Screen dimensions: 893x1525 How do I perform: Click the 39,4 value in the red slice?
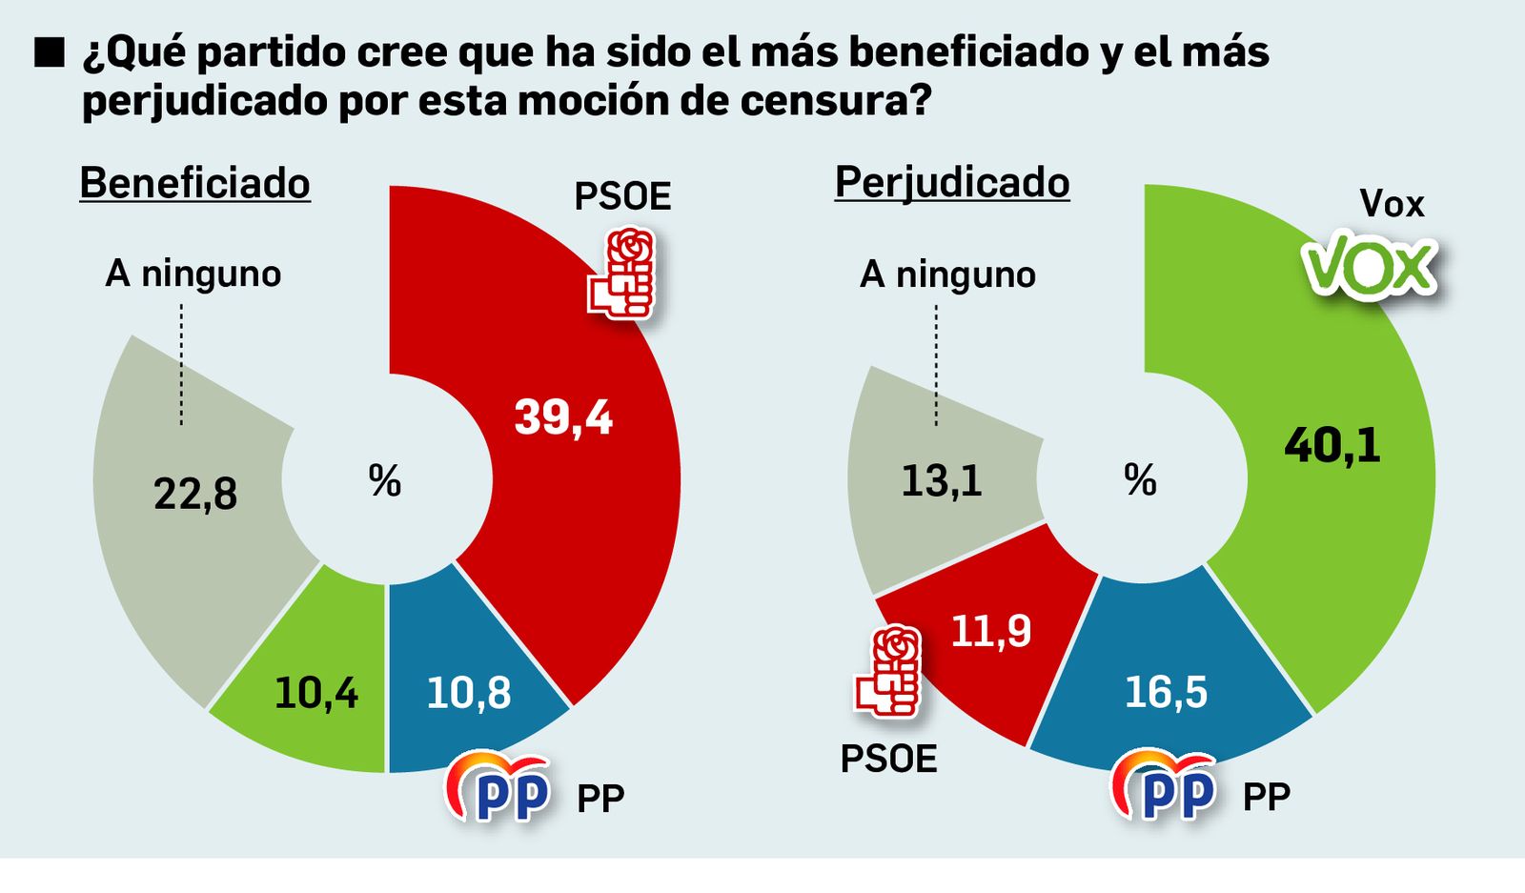(x=563, y=417)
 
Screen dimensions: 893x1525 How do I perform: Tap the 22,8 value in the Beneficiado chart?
(x=195, y=494)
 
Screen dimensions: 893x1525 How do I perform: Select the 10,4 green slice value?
(x=315, y=693)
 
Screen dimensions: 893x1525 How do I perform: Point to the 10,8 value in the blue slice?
(x=468, y=693)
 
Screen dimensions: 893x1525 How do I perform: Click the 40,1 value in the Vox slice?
(x=1332, y=445)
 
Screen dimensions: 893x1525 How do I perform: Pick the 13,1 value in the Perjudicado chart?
(x=941, y=480)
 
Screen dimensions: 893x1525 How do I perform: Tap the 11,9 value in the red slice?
(x=991, y=631)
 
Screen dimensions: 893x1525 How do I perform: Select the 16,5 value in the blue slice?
(x=1166, y=692)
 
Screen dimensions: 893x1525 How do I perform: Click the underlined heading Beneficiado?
(x=194, y=182)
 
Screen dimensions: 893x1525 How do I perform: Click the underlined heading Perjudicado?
(x=952, y=182)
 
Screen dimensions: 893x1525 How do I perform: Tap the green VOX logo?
(x=1371, y=265)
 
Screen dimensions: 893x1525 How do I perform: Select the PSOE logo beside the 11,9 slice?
(x=889, y=670)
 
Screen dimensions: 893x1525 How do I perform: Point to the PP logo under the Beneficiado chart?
(x=499, y=787)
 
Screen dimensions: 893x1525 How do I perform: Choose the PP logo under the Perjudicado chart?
(x=1165, y=787)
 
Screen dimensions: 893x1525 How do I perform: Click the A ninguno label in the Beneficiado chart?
(x=193, y=274)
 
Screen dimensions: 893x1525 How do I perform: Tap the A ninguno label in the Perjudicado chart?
(x=947, y=274)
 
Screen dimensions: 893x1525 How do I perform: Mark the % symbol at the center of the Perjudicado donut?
(x=1140, y=480)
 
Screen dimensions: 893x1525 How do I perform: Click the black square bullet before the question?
(x=49, y=53)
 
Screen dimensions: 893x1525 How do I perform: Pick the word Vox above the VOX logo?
(x=1391, y=204)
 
